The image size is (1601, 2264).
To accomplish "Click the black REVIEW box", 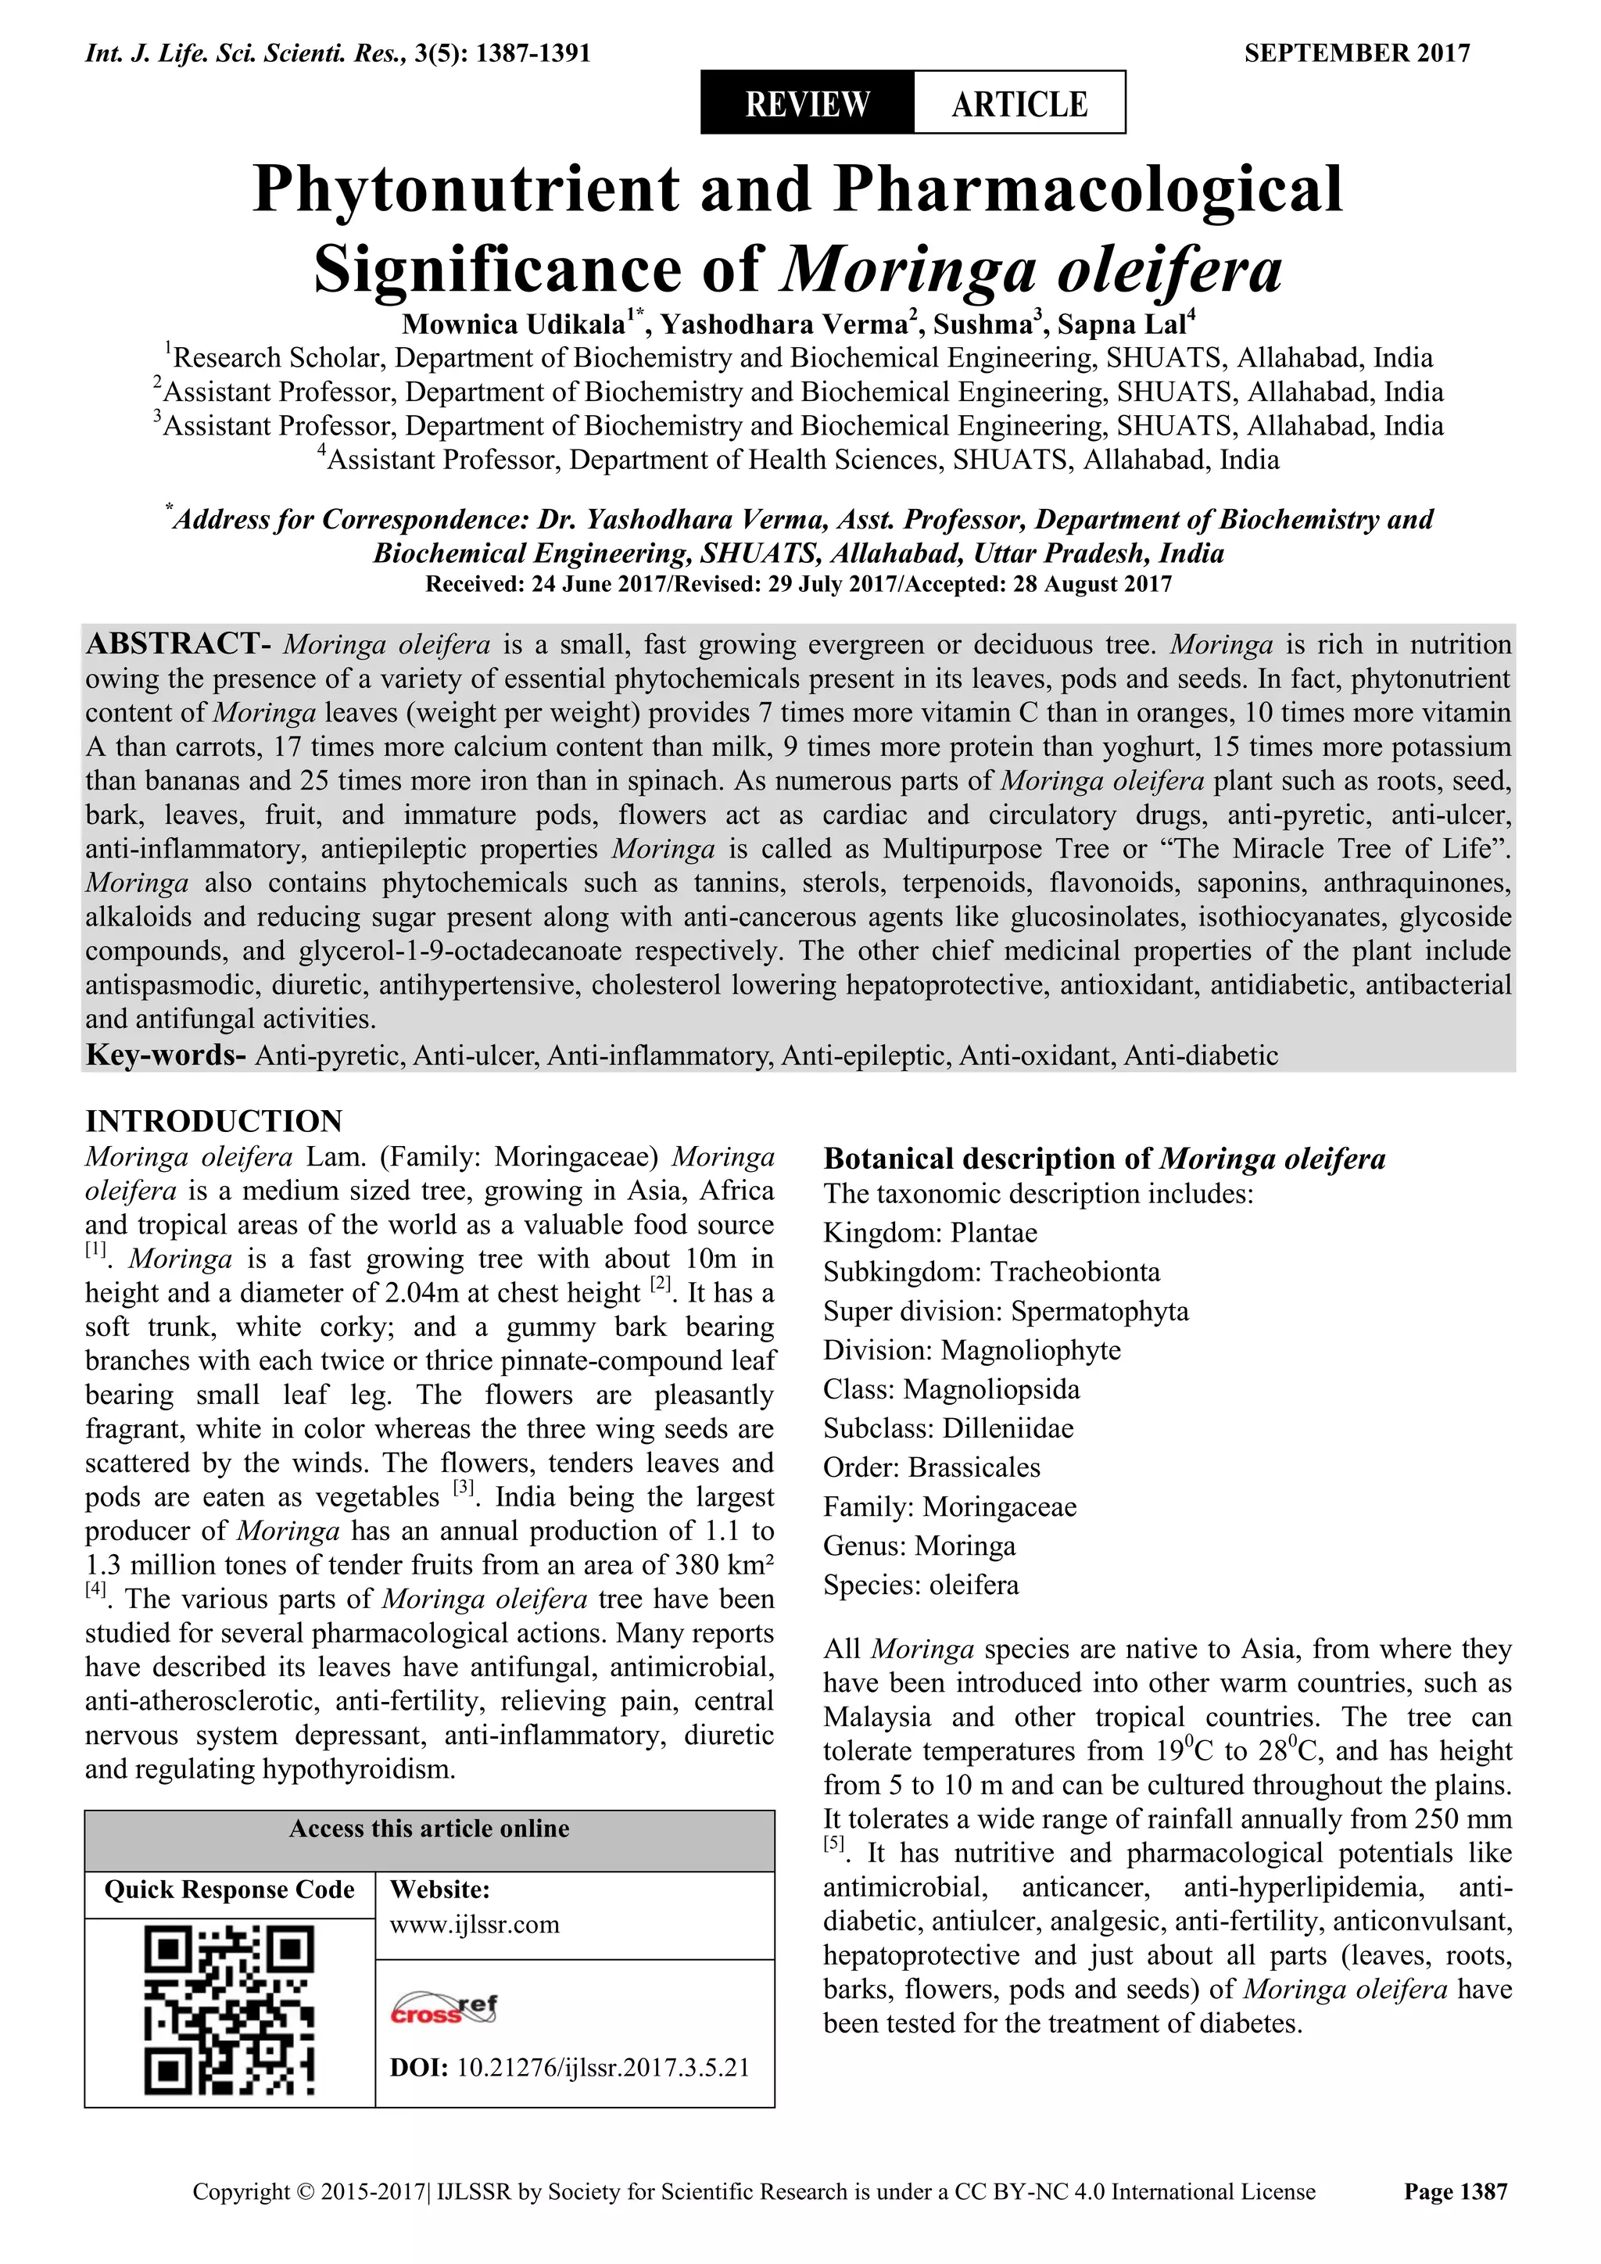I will pyautogui.click(x=807, y=102).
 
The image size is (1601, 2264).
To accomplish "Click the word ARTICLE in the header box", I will pyautogui.click(x=1019, y=103).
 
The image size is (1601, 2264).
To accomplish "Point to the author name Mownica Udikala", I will pyautogui.click(x=514, y=324).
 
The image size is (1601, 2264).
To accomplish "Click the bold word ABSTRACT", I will pyautogui.click(x=173, y=645).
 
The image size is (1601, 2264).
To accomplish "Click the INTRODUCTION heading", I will pyautogui.click(x=214, y=1122).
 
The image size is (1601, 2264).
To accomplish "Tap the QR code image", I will pyautogui.click(x=230, y=2012).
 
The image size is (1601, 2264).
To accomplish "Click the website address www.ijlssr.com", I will pyautogui.click(x=475, y=1924).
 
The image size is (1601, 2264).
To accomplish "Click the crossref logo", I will pyautogui.click(x=445, y=2008).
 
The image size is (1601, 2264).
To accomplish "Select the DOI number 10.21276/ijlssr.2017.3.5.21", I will pyautogui.click(x=604, y=2068).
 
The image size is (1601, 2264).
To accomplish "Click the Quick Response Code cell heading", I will pyautogui.click(x=230, y=1890).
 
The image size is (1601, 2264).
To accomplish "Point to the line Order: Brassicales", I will pyautogui.click(x=932, y=1467).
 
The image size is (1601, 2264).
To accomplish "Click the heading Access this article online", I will pyautogui.click(x=429, y=1829).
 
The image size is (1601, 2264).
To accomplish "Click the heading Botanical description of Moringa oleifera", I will pyautogui.click(x=1104, y=1159).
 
